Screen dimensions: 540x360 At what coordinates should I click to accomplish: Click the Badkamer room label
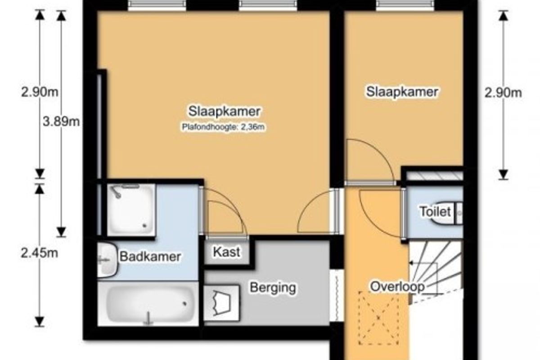pyautogui.click(x=150, y=256)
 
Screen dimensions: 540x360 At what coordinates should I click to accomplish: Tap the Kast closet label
pyautogui.click(x=227, y=252)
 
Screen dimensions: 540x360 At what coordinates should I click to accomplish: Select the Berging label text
pyautogui.click(x=273, y=288)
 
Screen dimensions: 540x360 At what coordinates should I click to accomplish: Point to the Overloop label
pyautogui.click(x=397, y=287)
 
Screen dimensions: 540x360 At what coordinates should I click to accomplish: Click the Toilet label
pyautogui.click(x=436, y=211)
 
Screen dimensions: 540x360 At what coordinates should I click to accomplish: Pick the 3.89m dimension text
pyautogui.click(x=61, y=121)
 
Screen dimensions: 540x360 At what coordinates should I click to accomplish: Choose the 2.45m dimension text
pyautogui.click(x=39, y=253)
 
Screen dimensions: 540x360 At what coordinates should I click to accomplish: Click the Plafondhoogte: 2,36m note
pyautogui.click(x=223, y=127)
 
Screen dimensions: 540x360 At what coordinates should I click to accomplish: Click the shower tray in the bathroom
pyautogui.click(x=131, y=210)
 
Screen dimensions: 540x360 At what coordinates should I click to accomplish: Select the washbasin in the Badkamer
pyautogui.click(x=107, y=260)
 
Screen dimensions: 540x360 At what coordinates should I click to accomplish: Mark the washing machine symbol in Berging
pyautogui.click(x=221, y=303)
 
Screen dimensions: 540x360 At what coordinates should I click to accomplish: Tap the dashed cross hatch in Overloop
pyautogui.click(x=378, y=318)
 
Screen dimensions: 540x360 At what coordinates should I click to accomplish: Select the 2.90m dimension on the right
pyautogui.click(x=503, y=93)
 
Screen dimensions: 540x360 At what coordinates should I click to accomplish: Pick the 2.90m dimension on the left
pyautogui.click(x=40, y=92)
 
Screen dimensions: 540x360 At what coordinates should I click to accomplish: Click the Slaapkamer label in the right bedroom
pyautogui.click(x=402, y=92)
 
